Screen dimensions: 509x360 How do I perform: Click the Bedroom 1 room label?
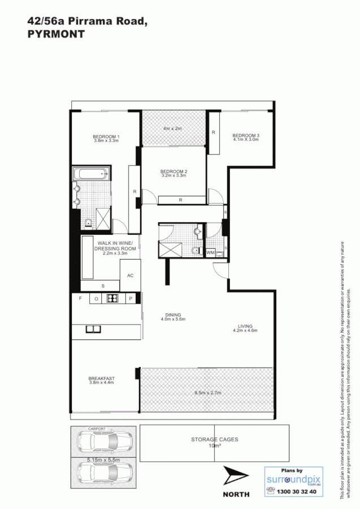pyautogui.click(x=106, y=136)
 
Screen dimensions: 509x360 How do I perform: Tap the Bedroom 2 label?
pyautogui.click(x=173, y=171)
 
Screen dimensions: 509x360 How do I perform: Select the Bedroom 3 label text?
pyautogui.click(x=246, y=135)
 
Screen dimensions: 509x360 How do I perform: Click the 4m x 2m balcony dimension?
pyautogui.click(x=172, y=128)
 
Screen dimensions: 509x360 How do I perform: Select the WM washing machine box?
pyautogui.click(x=210, y=252)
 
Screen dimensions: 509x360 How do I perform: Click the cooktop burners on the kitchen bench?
pyautogui.click(x=112, y=299)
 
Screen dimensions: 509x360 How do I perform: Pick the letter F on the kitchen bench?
pyautogui.click(x=80, y=299)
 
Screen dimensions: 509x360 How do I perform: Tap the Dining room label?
pyautogui.click(x=172, y=316)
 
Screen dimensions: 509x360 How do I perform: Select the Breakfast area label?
pyautogui.click(x=101, y=378)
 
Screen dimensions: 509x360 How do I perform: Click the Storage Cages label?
pyautogui.click(x=214, y=439)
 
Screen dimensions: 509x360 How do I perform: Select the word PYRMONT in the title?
pyautogui.click(x=56, y=34)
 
